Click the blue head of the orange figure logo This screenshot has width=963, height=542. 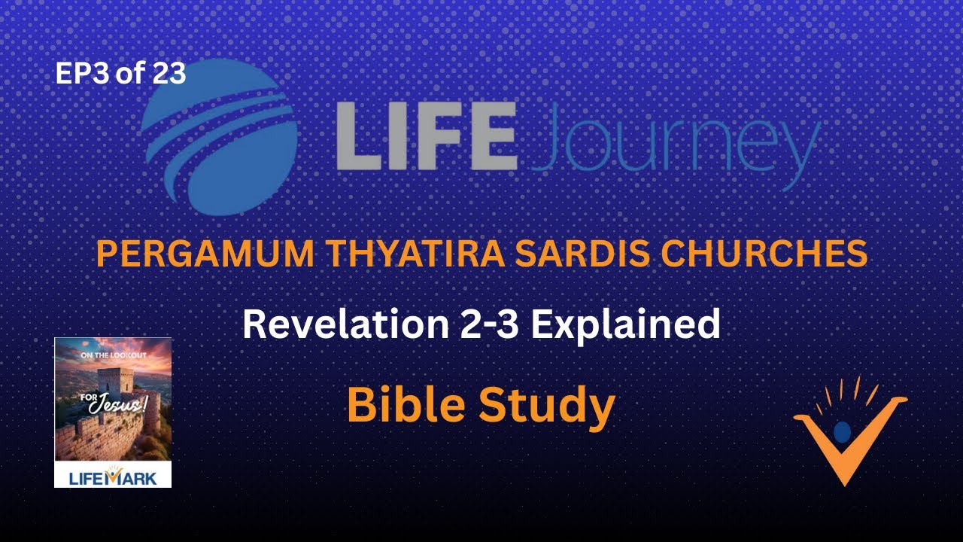(843, 431)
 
